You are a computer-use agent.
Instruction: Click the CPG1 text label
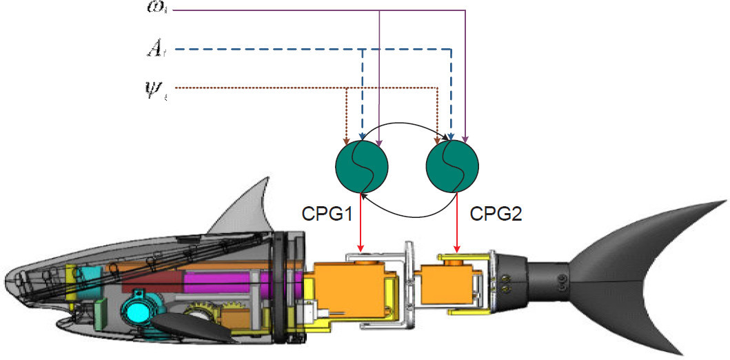[x=327, y=214]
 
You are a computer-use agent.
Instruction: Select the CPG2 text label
[x=496, y=214]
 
